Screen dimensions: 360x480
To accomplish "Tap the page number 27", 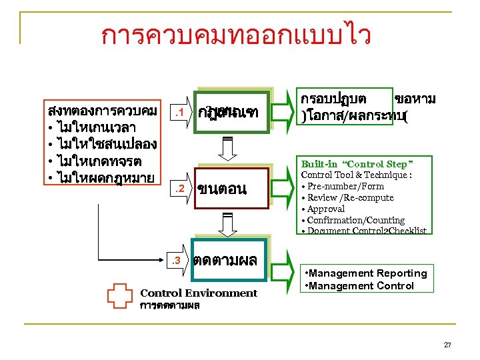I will [447, 345].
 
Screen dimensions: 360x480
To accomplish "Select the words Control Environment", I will [199, 293].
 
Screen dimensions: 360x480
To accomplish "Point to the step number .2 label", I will [177, 189].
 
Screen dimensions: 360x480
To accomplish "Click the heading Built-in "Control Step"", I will [357, 163].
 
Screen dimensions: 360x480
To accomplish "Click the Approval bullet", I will [326, 209].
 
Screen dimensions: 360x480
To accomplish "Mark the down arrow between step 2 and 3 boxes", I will [227, 223].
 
